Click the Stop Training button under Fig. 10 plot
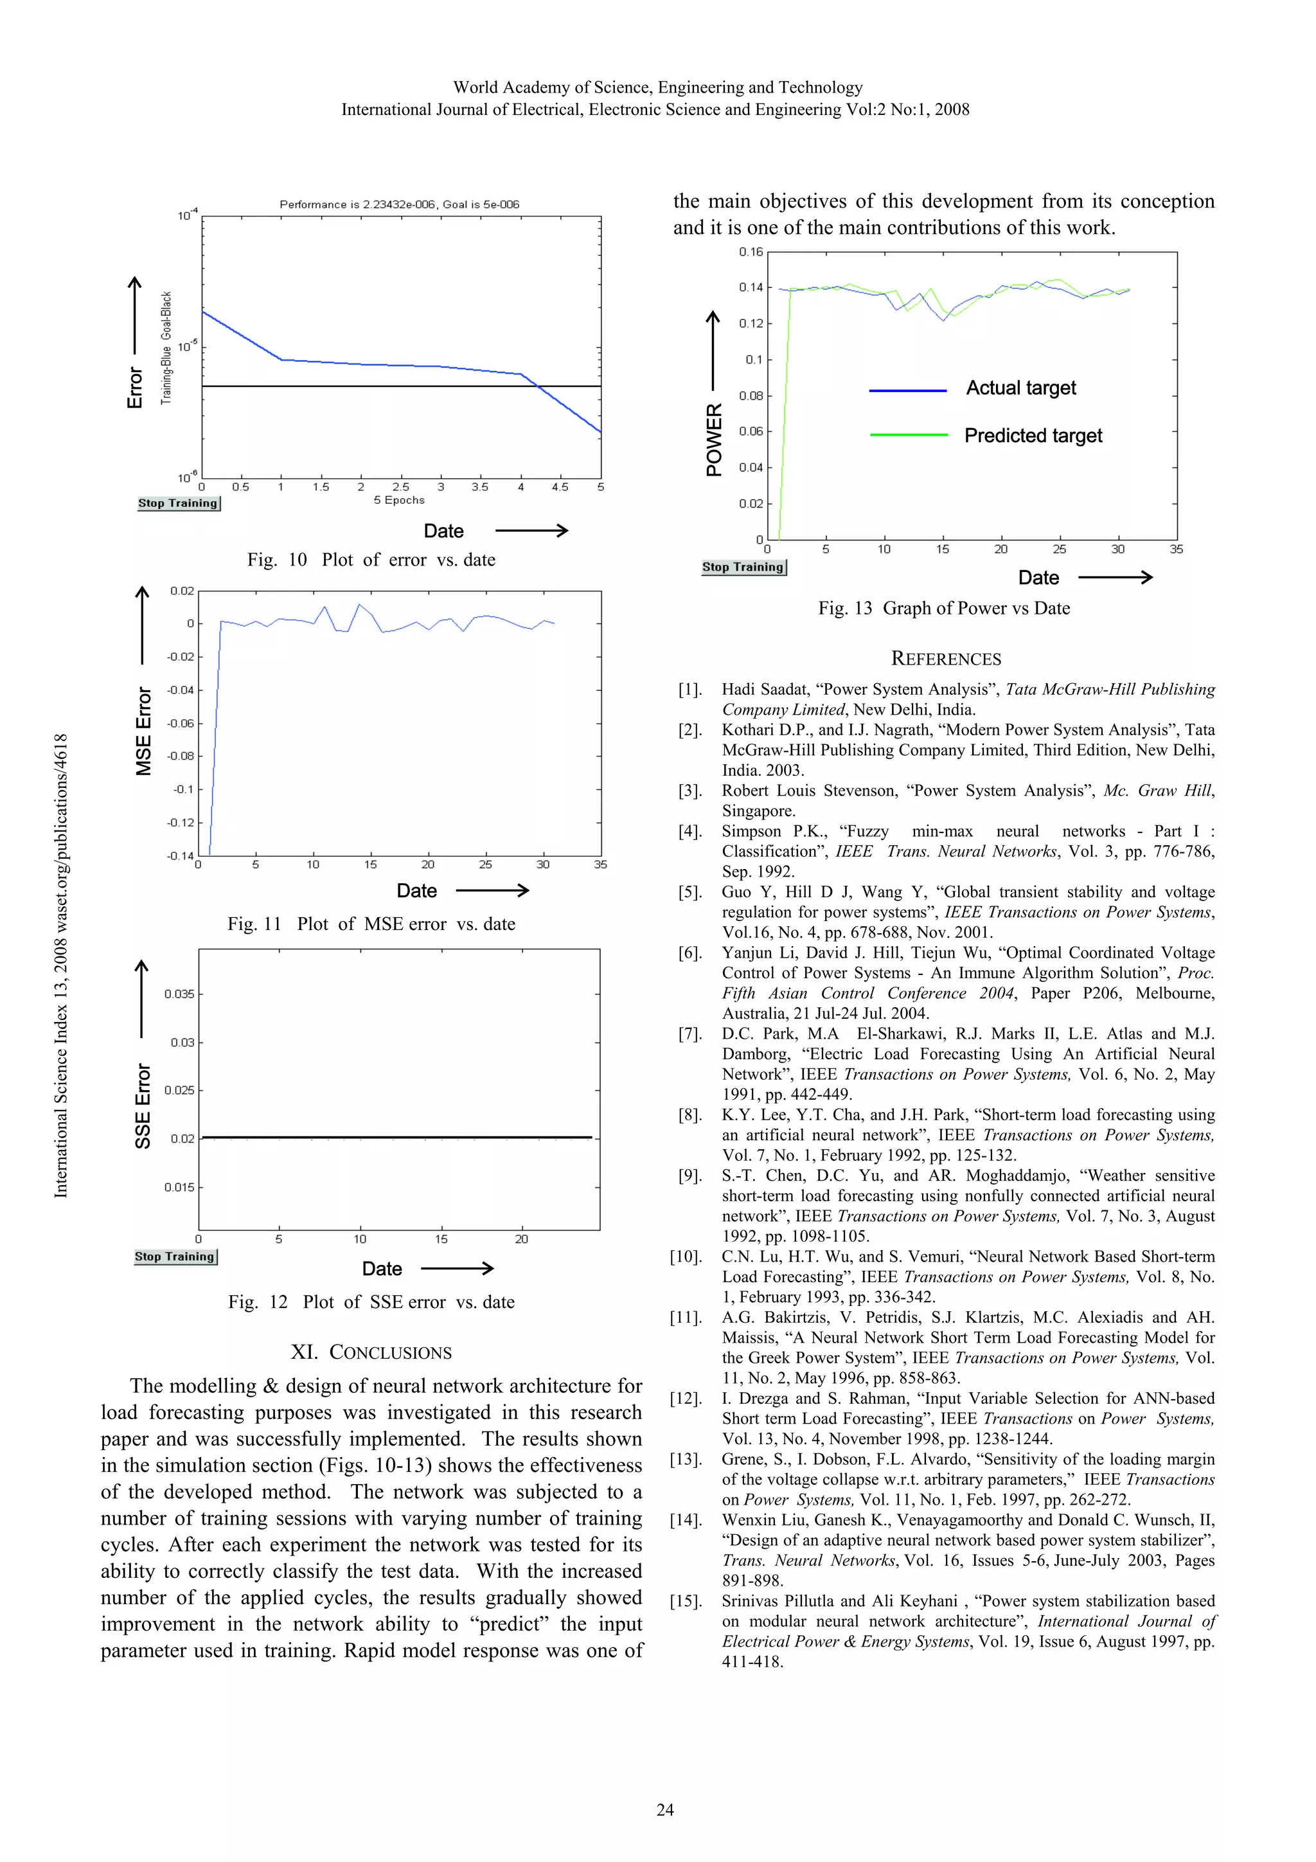179,503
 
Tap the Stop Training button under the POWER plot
743,567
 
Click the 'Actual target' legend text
1021,388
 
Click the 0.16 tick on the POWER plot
751,251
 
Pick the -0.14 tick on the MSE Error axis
180,855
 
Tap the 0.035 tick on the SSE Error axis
179,994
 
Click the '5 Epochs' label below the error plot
399,499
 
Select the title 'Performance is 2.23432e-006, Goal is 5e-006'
399,204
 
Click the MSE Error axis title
143,731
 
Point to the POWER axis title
713,440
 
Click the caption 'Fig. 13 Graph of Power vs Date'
944,608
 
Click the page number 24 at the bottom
665,1809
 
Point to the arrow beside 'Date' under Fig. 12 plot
458,1267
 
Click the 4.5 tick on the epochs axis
560,487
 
